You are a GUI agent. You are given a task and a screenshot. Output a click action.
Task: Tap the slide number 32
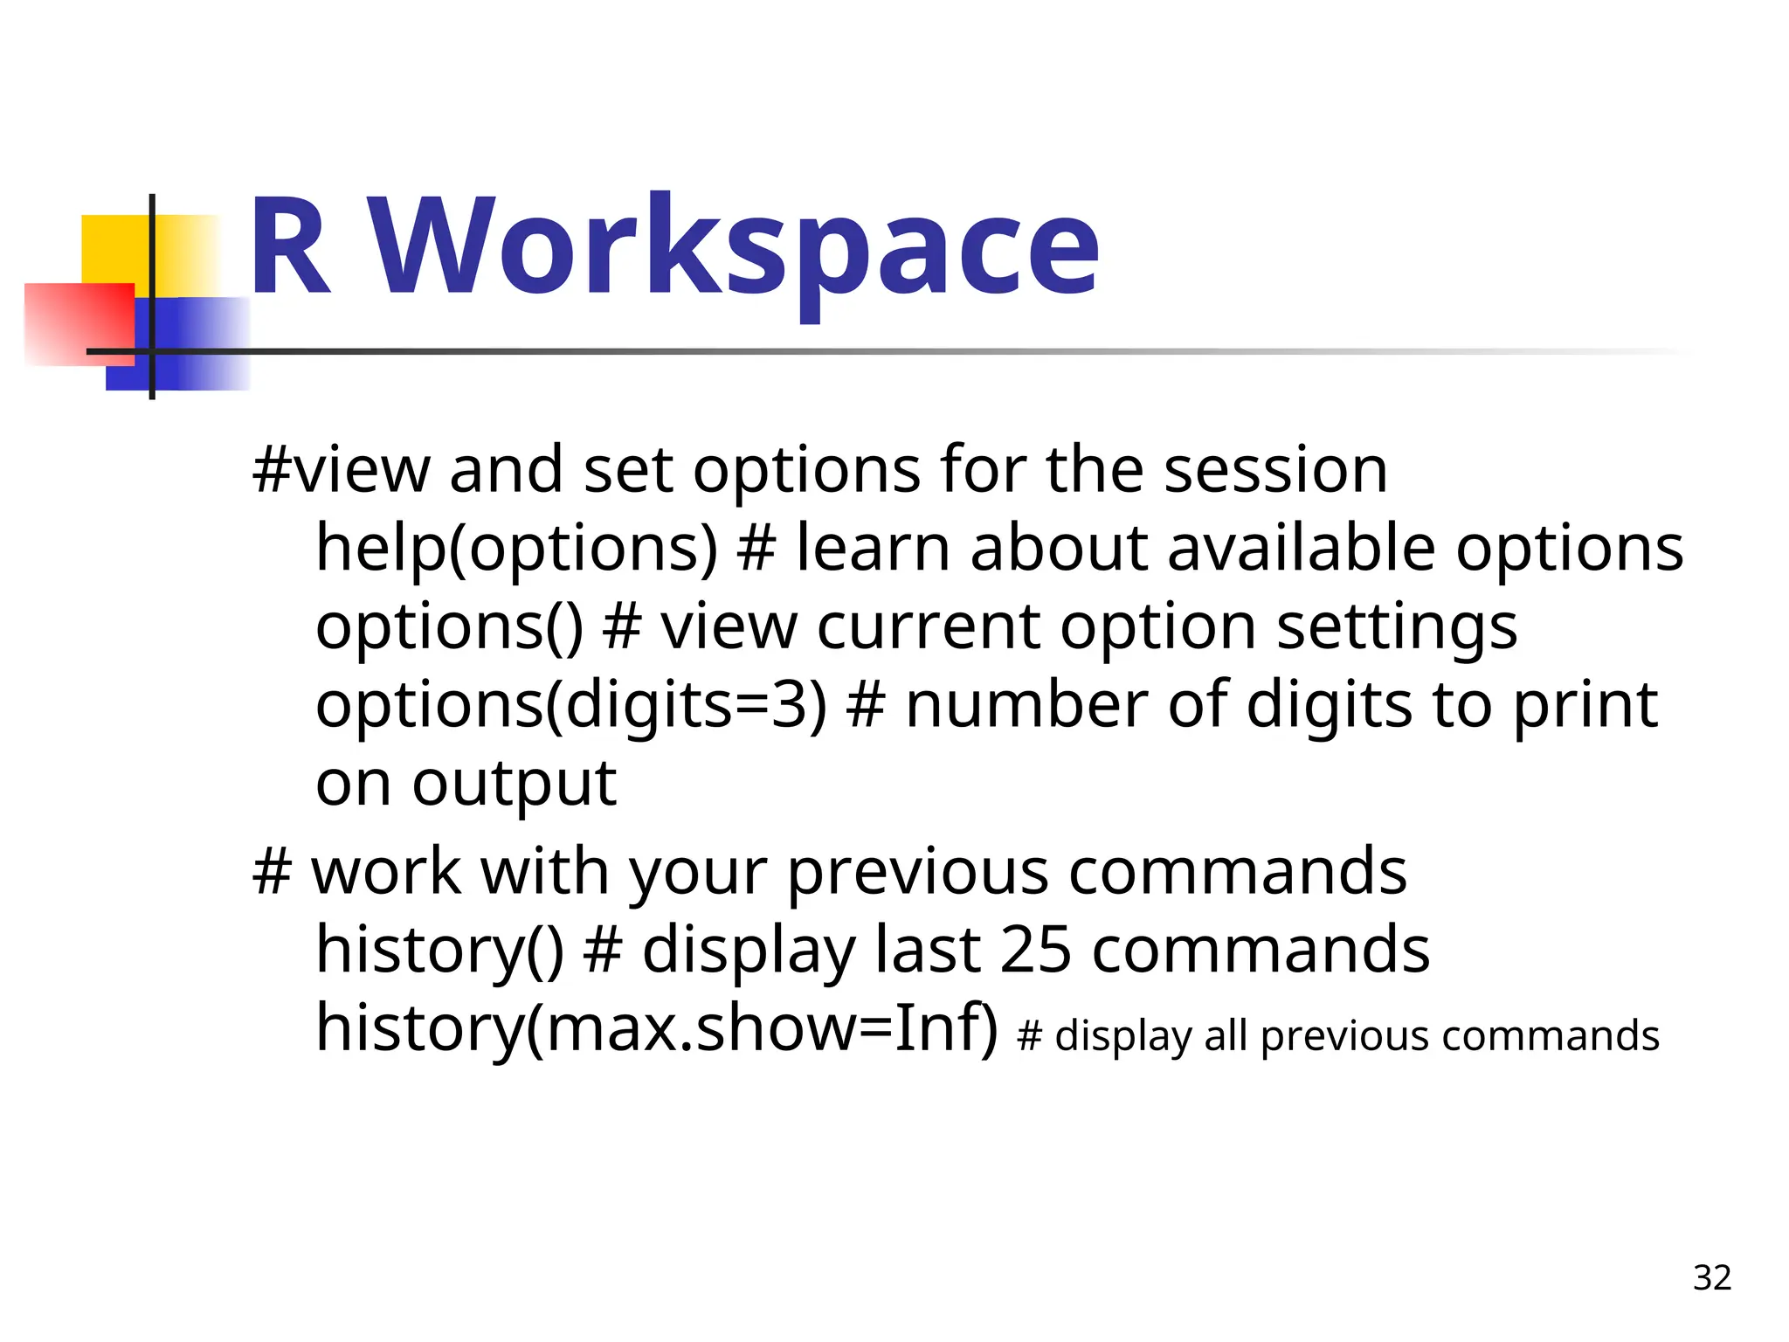tap(1711, 1277)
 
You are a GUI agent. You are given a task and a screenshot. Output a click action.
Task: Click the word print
tap(1585, 705)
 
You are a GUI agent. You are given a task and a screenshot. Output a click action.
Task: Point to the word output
tap(515, 784)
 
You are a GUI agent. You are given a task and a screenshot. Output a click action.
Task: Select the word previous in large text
tap(917, 872)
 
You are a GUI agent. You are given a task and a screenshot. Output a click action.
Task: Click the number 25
tap(1035, 950)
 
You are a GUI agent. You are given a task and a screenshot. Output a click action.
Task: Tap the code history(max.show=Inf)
tap(656, 1028)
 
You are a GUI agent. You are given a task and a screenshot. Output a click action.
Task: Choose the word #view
tap(341, 470)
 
